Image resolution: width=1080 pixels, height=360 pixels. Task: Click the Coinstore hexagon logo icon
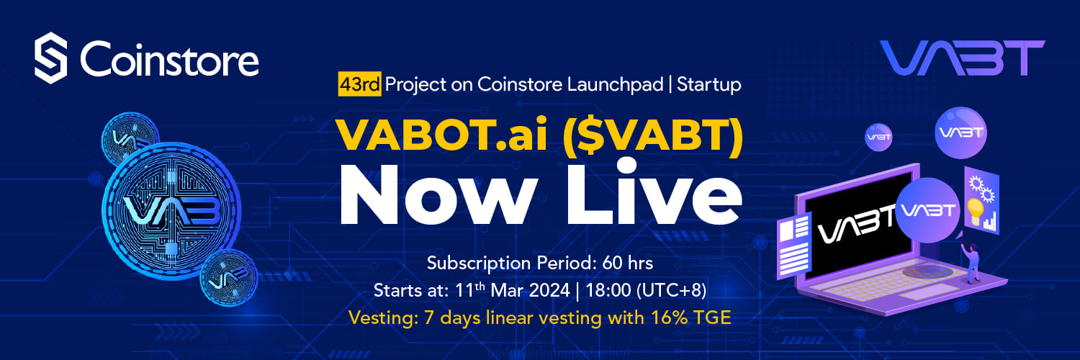click(x=50, y=58)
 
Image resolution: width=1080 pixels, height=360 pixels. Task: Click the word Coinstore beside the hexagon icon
click(x=169, y=59)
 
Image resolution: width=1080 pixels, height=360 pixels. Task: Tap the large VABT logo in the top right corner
click(x=962, y=58)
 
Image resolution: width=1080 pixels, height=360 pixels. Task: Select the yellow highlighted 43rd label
click(x=359, y=84)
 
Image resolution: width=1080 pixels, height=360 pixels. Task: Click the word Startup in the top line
click(x=708, y=85)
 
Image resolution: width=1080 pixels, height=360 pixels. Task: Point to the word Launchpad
click(x=615, y=85)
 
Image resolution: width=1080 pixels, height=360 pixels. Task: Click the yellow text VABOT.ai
click(x=441, y=135)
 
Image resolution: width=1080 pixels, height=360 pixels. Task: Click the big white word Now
click(x=438, y=195)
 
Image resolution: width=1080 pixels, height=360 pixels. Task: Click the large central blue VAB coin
click(x=171, y=211)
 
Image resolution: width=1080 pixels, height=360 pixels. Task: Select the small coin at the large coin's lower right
click(x=229, y=278)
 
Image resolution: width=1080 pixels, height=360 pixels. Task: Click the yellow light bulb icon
click(x=975, y=212)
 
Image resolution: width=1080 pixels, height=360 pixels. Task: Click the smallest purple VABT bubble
click(x=878, y=138)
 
